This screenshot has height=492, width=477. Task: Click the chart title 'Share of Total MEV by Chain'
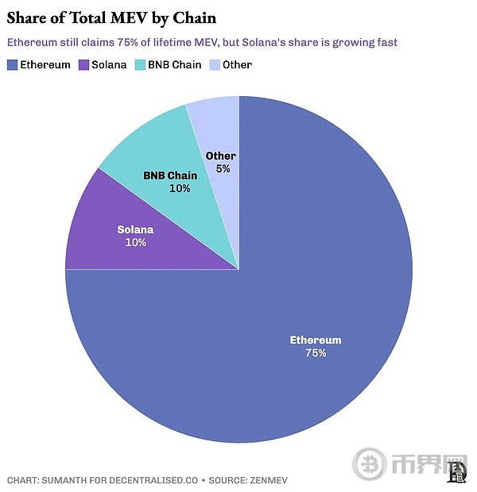point(111,17)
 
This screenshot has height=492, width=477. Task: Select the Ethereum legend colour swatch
point(12,64)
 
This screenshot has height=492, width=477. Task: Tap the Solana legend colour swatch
point(84,64)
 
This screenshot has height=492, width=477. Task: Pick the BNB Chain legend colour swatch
point(142,64)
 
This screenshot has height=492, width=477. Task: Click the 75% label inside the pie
point(316,352)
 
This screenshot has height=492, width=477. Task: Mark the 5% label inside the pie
point(223,169)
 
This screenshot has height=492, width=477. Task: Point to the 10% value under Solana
point(135,242)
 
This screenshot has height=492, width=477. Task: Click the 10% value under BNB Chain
point(180,188)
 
